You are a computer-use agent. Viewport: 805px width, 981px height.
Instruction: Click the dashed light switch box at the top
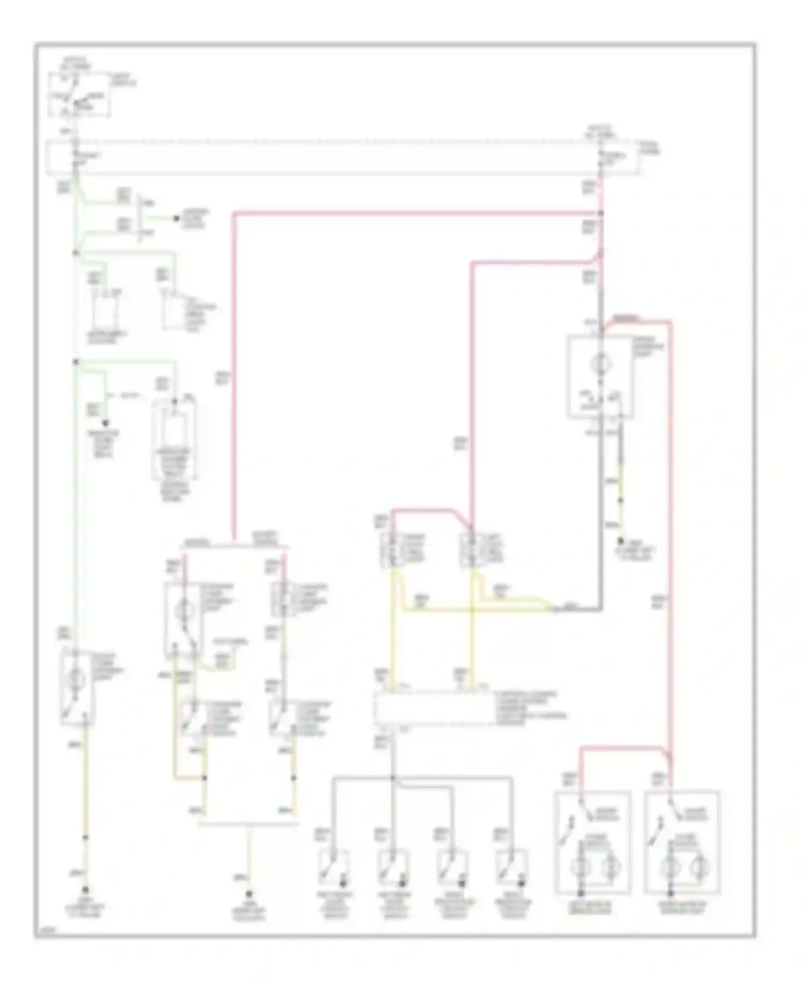[x=79, y=96]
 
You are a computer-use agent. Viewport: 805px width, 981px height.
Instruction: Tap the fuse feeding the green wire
[x=75, y=156]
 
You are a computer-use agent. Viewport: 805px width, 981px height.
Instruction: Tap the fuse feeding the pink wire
[x=601, y=156]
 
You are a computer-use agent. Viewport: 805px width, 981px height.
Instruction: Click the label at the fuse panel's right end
[x=649, y=149]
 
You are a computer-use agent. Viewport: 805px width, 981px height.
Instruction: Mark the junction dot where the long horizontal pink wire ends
[x=601, y=214]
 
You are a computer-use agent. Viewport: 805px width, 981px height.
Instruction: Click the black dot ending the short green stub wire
[x=175, y=218]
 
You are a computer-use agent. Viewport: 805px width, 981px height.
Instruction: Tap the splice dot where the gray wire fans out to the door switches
[x=393, y=778]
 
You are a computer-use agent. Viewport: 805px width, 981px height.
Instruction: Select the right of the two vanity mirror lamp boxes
[x=682, y=844]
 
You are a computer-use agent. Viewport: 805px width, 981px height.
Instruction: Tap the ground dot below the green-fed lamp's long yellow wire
[x=85, y=890]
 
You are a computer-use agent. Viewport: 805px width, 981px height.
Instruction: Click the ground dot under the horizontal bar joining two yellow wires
[x=248, y=894]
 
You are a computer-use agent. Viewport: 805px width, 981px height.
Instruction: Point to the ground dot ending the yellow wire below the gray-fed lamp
[x=620, y=541]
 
